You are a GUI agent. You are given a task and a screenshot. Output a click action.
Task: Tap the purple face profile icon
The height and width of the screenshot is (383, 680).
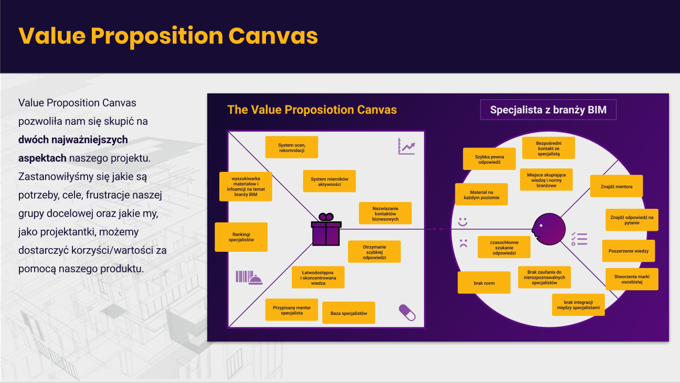click(x=549, y=229)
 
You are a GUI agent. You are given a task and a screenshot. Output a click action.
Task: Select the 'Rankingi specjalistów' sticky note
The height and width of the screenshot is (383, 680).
click(x=241, y=237)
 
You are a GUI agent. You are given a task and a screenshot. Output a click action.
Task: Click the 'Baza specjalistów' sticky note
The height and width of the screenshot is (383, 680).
click(x=348, y=313)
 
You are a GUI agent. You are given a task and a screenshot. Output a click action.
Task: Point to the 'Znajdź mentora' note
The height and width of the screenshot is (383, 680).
click(x=616, y=186)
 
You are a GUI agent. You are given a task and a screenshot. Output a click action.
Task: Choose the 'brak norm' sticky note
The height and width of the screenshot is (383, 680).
click(x=484, y=283)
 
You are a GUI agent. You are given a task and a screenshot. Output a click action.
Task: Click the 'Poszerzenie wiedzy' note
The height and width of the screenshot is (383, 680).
click(x=628, y=251)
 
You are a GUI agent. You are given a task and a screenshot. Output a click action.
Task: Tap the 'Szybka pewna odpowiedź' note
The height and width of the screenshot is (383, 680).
click(x=489, y=158)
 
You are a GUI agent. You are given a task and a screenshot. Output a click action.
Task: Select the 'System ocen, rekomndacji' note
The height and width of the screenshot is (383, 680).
click(x=291, y=147)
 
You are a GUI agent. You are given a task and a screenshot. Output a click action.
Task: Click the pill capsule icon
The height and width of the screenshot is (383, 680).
click(x=407, y=312)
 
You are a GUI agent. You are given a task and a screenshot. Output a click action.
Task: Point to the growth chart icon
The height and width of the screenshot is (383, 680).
click(x=406, y=146)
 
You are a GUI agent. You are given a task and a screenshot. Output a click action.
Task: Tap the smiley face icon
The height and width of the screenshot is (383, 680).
click(x=462, y=222)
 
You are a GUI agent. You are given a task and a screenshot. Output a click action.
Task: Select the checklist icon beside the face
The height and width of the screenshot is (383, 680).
click(x=579, y=239)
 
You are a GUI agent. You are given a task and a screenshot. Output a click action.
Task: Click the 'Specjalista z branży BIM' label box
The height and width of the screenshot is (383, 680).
click(x=548, y=110)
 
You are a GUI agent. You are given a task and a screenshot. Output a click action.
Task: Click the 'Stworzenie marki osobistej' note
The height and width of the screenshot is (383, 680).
click(x=631, y=279)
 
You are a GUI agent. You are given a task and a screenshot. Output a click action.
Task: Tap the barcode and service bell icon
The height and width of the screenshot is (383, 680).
click(x=248, y=278)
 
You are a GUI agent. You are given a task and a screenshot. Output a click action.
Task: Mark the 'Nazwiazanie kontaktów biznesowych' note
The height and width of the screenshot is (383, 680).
click(x=385, y=213)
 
